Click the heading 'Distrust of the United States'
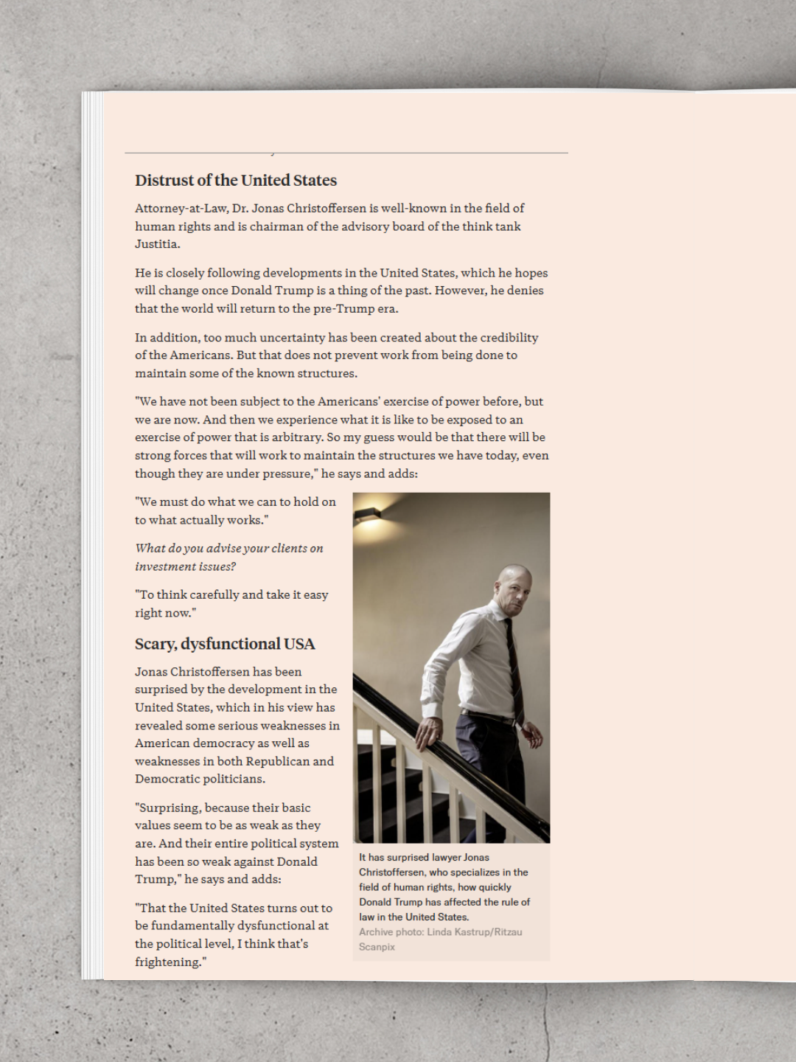pyautogui.click(x=236, y=181)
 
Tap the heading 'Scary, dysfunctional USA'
pyautogui.click(x=225, y=644)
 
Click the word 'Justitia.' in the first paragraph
pyautogui.click(x=157, y=244)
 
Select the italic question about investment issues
pyautogui.click(x=228, y=558)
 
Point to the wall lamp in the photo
pyautogui.click(x=367, y=514)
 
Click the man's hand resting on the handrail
pyautogui.click(x=427, y=731)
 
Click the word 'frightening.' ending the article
pyautogui.click(x=170, y=962)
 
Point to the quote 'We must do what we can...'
pyautogui.click(x=235, y=510)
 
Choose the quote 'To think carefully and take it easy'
pyautogui.click(x=231, y=603)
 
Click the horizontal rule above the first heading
pyautogui.click(x=346, y=153)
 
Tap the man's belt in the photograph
pyautogui.click(x=486, y=716)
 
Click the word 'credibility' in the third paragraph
pyautogui.click(x=509, y=338)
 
